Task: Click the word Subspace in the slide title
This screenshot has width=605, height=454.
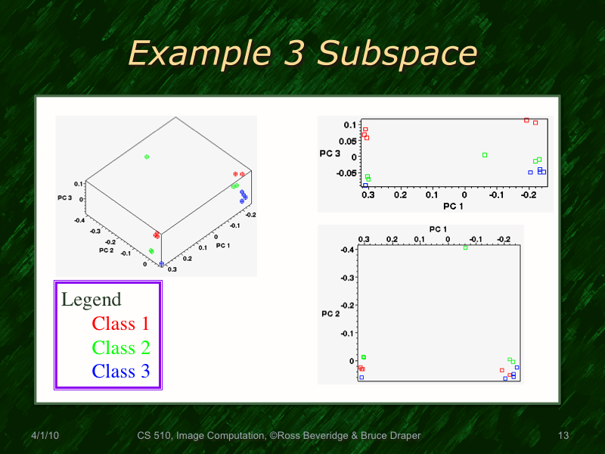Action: coord(398,54)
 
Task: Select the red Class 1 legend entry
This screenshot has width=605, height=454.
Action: coord(120,324)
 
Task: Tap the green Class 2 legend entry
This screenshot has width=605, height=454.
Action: coord(121,347)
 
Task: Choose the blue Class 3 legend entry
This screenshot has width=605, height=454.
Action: coord(121,371)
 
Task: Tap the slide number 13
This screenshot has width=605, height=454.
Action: coord(563,436)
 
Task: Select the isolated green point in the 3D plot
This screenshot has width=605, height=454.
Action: coord(147,157)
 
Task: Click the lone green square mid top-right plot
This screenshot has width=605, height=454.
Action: coord(485,155)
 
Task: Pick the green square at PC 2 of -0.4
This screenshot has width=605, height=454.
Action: coord(466,247)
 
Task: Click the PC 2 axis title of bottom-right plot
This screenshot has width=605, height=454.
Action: coord(331,313)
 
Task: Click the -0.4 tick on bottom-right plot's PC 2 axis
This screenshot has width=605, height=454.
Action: coord(346,250)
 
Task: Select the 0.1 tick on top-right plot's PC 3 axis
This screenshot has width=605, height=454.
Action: coord(349,124)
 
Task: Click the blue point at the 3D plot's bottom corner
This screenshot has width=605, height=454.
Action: coord(162,264)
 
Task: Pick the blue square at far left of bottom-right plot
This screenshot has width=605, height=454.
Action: coord(361,377)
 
